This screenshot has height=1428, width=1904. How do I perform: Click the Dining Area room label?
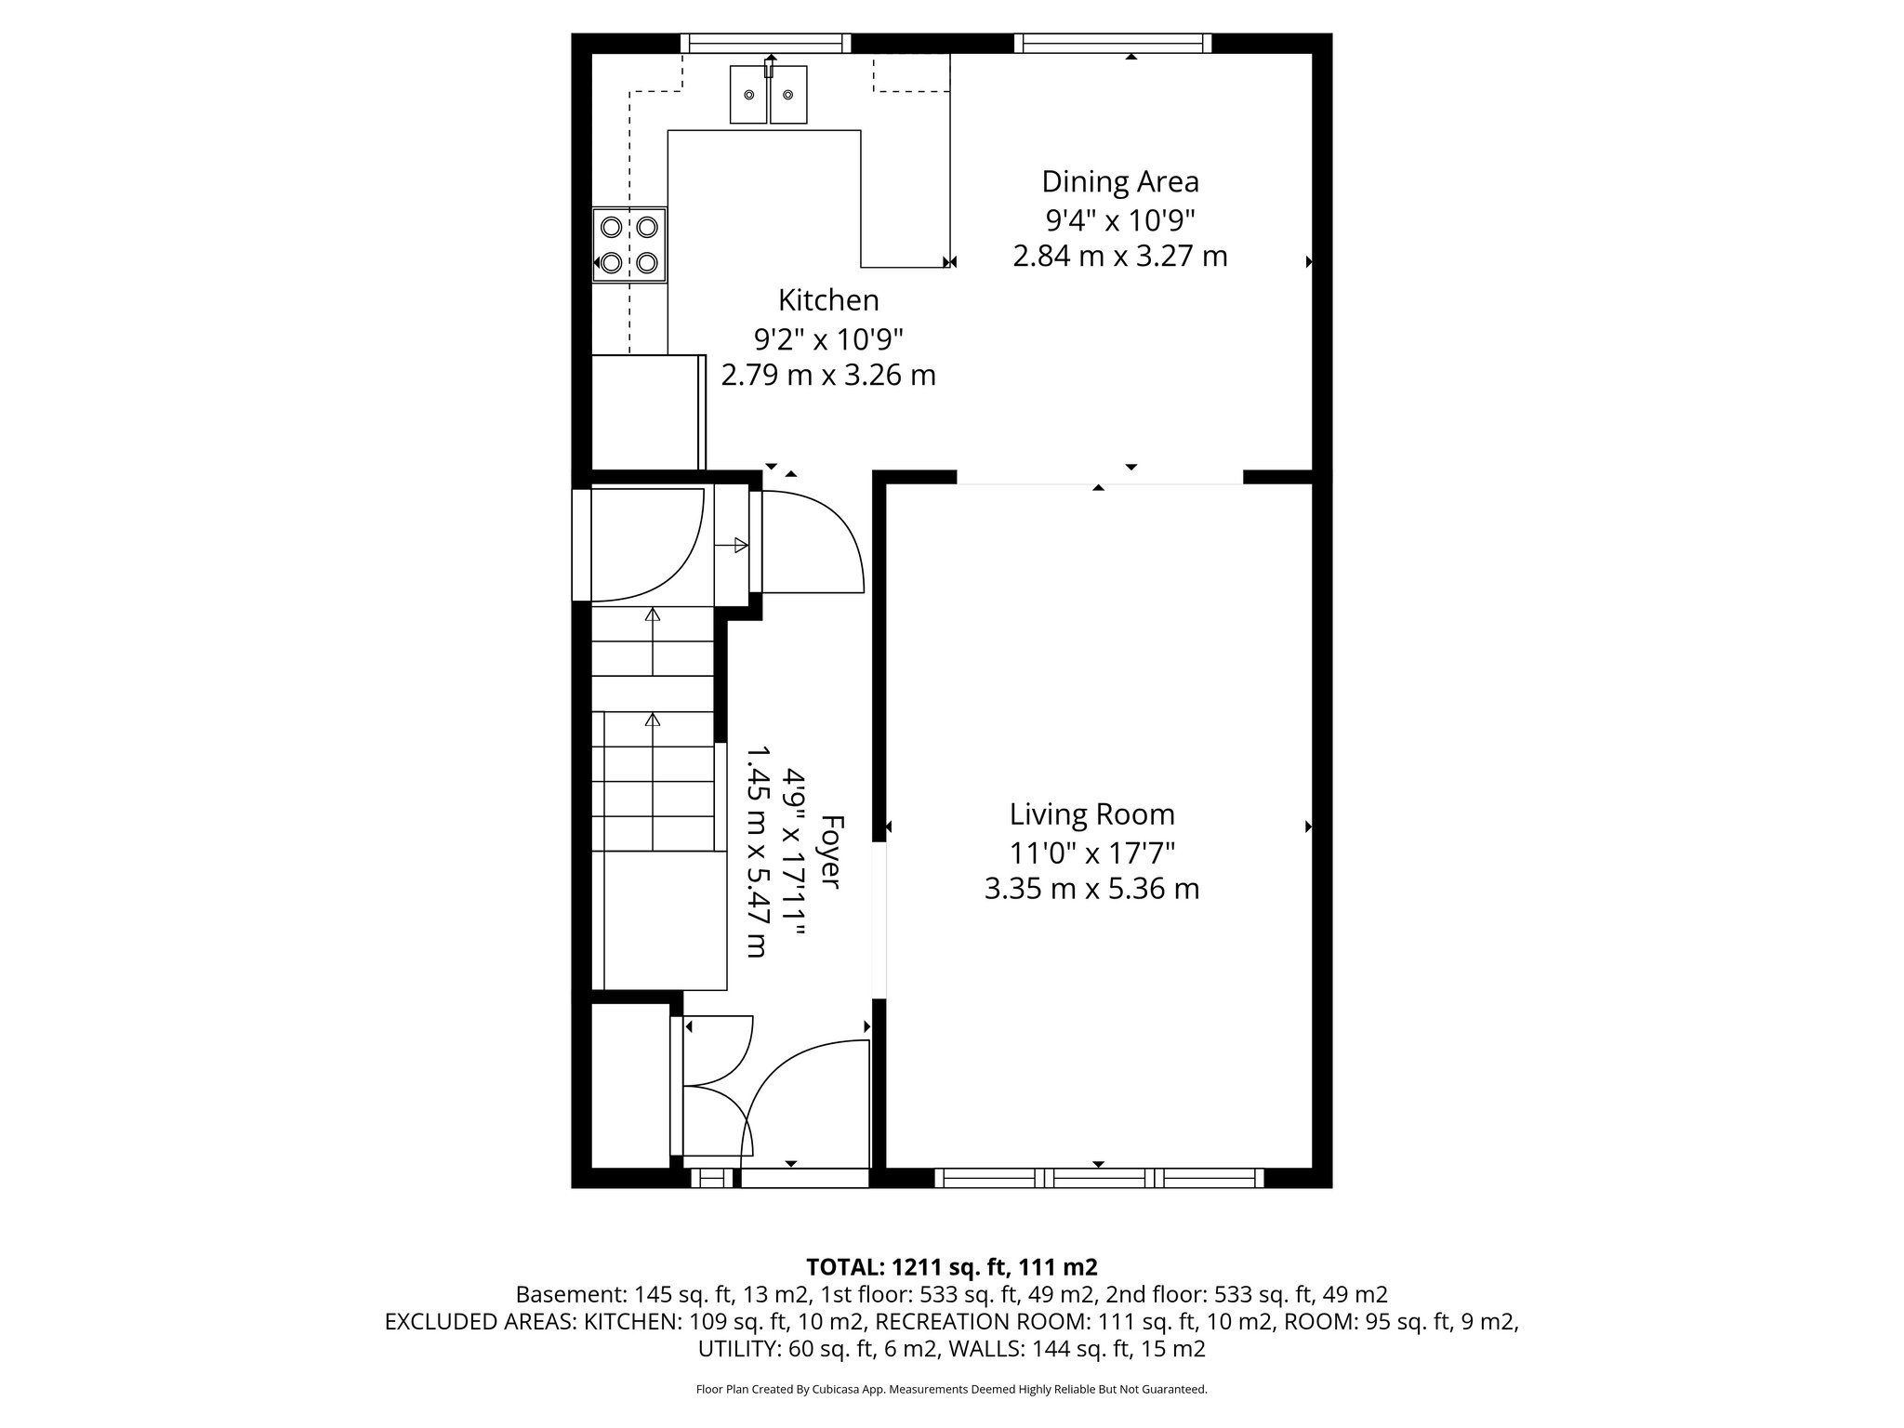point(1119,181)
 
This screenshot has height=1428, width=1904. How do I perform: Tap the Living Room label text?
point(1091,814)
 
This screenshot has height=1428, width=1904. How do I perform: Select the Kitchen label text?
point(828,300)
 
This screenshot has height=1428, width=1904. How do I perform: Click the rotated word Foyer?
point(832,852)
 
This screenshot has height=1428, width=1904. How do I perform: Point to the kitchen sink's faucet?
point(769,67)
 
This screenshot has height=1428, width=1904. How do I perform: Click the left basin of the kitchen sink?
point(748,95)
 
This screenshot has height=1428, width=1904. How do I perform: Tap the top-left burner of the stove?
point(612,226)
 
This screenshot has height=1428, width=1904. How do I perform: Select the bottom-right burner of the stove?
point(647,263)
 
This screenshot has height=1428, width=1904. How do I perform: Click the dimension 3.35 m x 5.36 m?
point(1091,889)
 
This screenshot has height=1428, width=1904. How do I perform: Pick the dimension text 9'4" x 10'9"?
point(1119,220)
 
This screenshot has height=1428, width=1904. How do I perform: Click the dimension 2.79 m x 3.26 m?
point(828,376)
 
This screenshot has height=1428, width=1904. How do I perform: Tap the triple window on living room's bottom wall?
point(1099,1178)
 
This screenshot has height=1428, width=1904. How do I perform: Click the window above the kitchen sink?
point(766,43)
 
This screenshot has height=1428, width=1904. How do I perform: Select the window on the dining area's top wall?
point(1113,43)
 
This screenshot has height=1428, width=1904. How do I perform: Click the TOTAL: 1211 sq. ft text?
point(951,1266)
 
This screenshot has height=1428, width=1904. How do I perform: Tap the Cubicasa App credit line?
point(951,1390)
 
